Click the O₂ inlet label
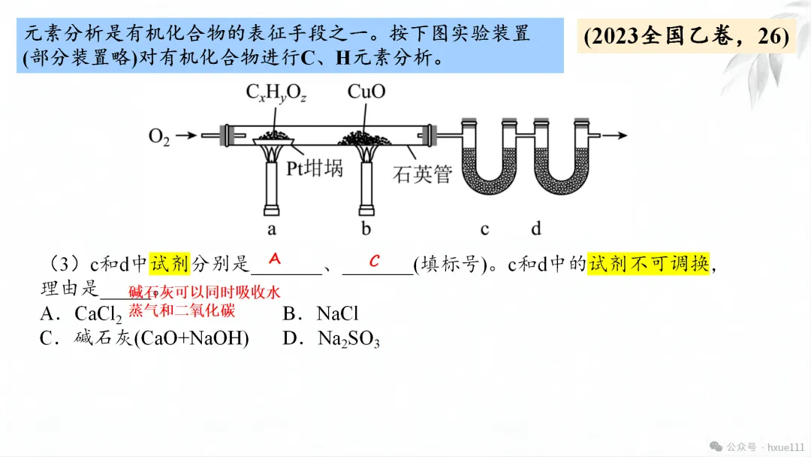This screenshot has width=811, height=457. (x=159, y=137)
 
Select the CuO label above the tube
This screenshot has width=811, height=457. (x=366, y=92)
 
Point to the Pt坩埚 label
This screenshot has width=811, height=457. (x=315, y=168)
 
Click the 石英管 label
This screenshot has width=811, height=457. (x=423, y=174)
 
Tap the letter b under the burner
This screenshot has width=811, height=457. (x=366, y=228)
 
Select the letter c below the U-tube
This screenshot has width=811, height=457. (x=485, y=228)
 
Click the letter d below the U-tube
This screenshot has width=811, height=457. (x=536, y=228)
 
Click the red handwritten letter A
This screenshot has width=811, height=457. (x=275, y=259)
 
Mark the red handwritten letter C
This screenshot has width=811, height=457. (x=374, y=260)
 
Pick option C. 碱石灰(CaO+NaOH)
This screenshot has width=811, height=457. (x=144, y=338)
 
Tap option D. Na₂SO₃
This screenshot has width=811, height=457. (x=331, y=339)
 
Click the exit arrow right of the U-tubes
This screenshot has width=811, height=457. (x=612, y=135)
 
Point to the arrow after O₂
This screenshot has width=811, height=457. (x=188, y=136)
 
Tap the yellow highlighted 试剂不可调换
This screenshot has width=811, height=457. (x=649, y=263)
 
